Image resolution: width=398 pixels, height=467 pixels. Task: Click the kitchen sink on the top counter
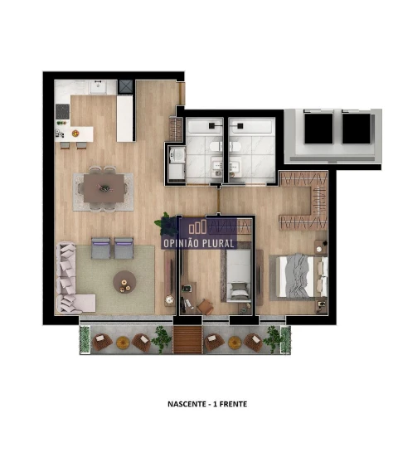pyautogui.click(x=99, y=85)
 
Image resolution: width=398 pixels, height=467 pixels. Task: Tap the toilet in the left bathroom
pyautogui.click(x=214, y=147)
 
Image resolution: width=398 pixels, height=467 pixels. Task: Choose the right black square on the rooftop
pyautogui.click(x=357, y=128)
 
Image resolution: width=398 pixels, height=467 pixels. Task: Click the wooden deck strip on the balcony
pyautogui.click(x=187, y=338)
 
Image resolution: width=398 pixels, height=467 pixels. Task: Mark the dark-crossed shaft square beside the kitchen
pyautogui.click(x=126, y=85)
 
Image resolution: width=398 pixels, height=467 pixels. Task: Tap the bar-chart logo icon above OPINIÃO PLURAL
pyautogui.click(x=197, y=227)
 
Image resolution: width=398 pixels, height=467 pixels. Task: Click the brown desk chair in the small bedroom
pyautogui.click(x=204, y=306)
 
